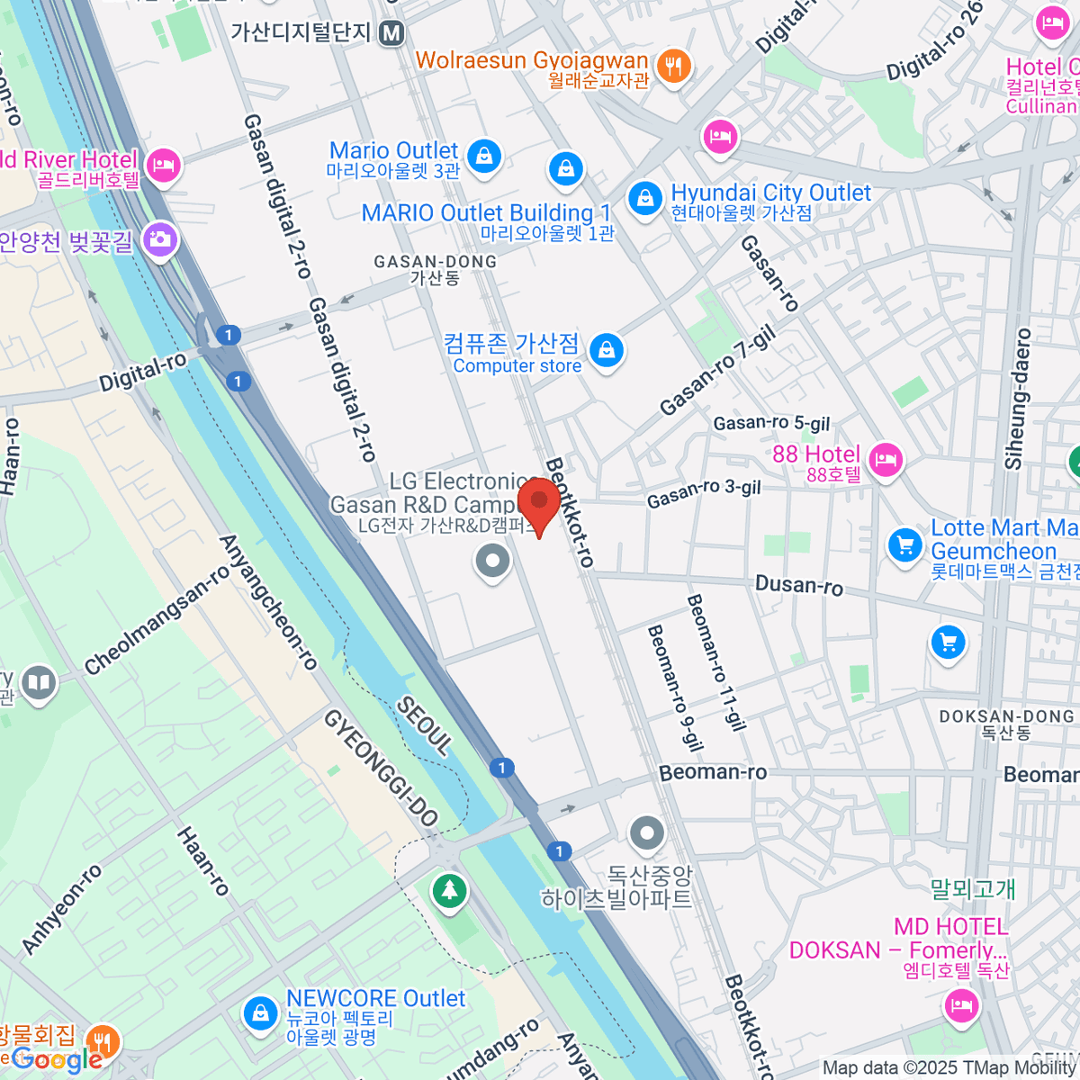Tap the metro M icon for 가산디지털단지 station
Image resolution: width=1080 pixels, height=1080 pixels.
click(391, 33)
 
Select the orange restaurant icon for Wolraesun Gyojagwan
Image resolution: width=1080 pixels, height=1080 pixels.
click(673, 66)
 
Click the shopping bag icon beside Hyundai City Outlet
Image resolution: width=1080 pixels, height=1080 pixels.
click(644, 199)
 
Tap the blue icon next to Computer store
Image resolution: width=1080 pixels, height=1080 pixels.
click(607, 350)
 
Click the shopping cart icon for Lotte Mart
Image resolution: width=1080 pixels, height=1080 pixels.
click(904, 544)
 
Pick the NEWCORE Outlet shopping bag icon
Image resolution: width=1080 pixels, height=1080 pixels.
click(260, 1014)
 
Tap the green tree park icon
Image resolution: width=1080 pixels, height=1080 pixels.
click(449, 891)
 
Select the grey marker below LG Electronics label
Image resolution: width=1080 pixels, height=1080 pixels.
click(492, 562)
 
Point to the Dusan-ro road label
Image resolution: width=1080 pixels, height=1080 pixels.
click(799, 585)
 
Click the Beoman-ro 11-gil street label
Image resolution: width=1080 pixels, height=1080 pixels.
click(716, 661)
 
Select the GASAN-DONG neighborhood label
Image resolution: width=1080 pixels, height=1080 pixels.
click(435, 269)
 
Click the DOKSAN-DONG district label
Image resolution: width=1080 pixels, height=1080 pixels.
click(1006, 724)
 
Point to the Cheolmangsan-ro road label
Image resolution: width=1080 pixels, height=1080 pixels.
click(157, 620)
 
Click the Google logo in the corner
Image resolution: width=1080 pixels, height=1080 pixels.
click(56, 1060)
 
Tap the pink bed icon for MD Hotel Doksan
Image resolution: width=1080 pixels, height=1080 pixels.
click(961, 1003)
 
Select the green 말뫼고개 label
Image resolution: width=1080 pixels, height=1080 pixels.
click(972, 889)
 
